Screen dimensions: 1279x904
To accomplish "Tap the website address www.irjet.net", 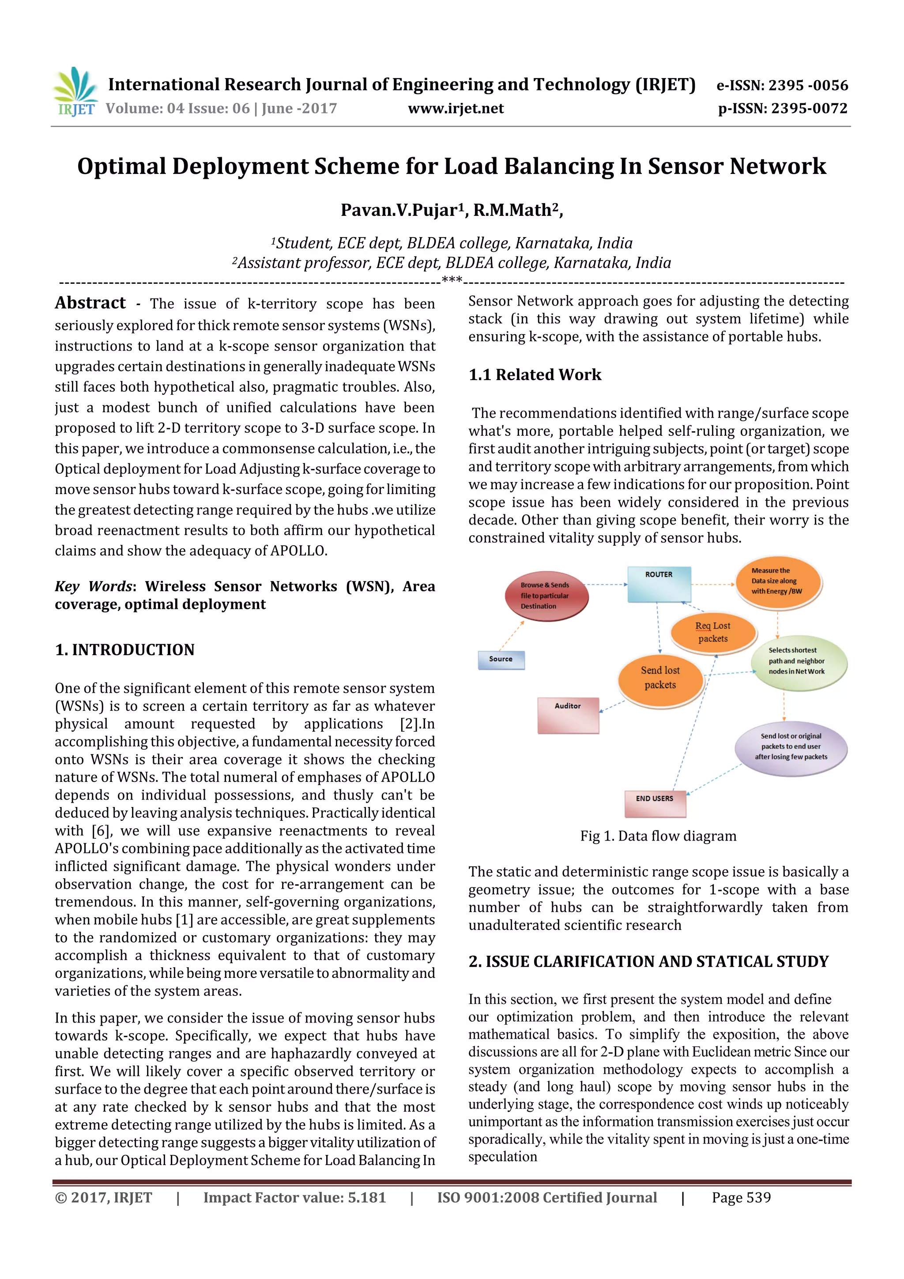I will tap(456, 109).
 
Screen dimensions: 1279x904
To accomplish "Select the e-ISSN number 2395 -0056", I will tap(808, 85).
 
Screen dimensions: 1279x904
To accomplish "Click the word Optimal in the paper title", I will tap(121, 166).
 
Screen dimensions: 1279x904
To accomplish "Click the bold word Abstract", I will tap(90, 303).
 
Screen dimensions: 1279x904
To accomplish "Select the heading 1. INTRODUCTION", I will tap(125, 649).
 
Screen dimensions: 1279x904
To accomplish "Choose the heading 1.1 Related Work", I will tap(535, 375).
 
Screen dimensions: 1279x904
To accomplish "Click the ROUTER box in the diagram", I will tap(659, 584).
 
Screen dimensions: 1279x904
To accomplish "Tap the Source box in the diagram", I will tap(501, 659).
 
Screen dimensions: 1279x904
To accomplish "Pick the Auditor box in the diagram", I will tap(568, 715).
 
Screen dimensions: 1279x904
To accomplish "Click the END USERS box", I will tap(655, 803).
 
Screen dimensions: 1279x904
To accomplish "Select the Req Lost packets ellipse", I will tap(712, 632).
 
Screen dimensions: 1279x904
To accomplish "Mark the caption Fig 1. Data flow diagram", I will tap(658, 836).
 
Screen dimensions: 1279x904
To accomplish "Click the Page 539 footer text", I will tap(741, 1198).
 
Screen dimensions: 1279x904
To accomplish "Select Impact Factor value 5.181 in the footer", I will tap(294, 1198).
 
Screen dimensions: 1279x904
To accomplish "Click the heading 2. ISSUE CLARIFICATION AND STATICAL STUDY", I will tap(648, 962).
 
